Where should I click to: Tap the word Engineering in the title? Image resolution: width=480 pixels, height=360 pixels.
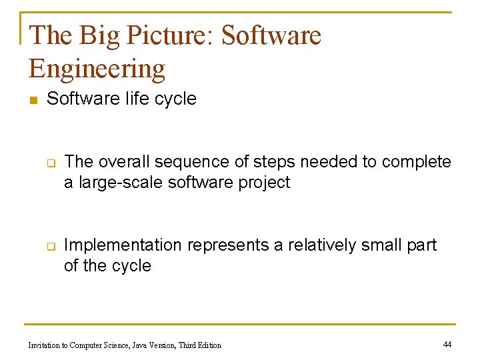(x=97, y=69)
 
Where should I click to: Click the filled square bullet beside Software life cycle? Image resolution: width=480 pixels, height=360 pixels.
(x=32, y=100)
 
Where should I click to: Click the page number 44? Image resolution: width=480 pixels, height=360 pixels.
(x=447, y=344)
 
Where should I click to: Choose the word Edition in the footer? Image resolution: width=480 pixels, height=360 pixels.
(x=208, y=345)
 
